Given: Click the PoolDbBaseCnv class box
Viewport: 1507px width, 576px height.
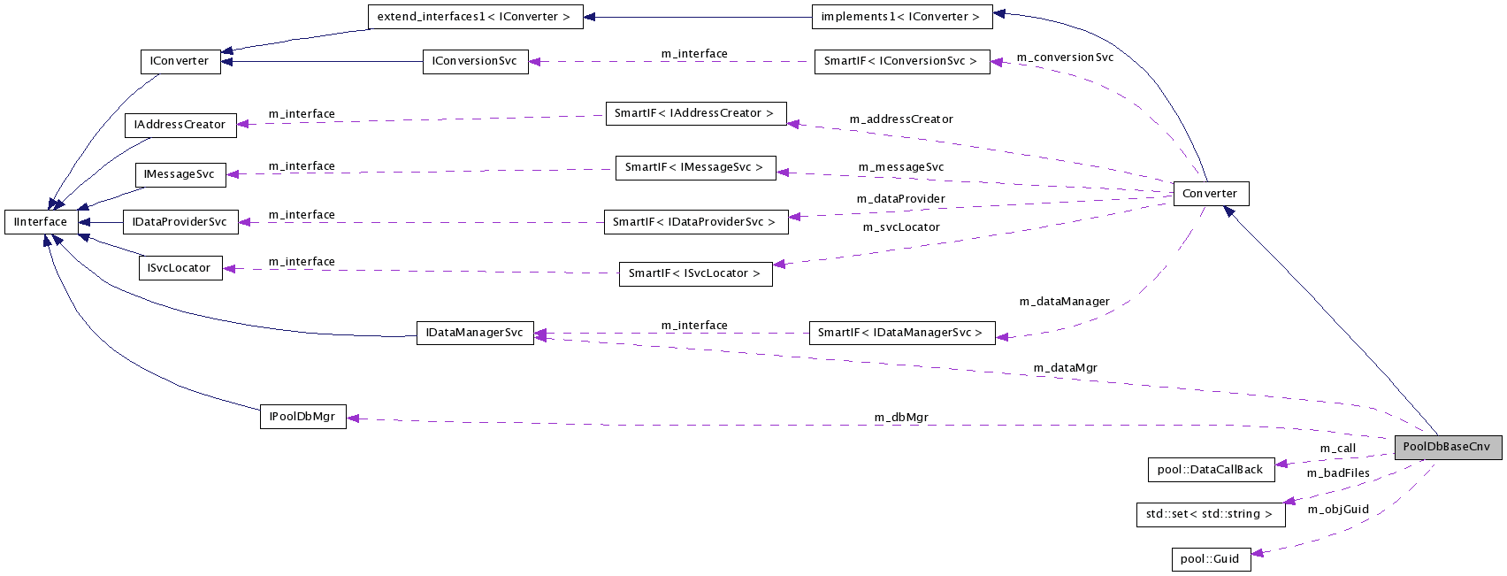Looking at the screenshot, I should pyautogui.click(x=1447, y=447).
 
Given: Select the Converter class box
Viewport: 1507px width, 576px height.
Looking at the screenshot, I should pyautogui.click(x=1210, y=194).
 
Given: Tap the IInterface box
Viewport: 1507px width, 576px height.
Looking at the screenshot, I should pyautogui.click(x=41, y=222).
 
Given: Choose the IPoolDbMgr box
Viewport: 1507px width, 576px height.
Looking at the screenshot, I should pyautogui.click(x=302, y=417).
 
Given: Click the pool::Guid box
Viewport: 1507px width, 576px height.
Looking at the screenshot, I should pyautogui.click(x=1211, y=559).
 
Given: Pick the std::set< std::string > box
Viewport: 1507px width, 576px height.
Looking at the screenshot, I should pyautogui.click(x=1209, y=514).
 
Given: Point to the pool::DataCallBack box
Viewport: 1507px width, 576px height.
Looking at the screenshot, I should pyautogui.click(x=1210, y=470).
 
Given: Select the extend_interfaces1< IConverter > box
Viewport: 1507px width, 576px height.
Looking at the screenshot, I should pyautogui.click(x=474, y=17).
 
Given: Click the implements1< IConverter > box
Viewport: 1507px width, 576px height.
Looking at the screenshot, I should pyautogui.click(x=901, y=17).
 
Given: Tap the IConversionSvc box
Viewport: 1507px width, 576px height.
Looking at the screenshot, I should pyautogui.click(x=475, y=61).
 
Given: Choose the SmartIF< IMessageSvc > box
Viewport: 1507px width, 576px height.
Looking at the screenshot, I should pyautogui.click(x=694, y=167).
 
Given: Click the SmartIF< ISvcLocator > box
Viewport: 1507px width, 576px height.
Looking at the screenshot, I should pyautogui.click(x=694, y=273).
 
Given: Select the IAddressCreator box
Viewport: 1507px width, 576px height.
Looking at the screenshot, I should pyautogui.click(x=180, y=125).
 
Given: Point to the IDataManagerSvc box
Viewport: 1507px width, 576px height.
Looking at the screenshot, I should pyautogui.click(x=475, y=333).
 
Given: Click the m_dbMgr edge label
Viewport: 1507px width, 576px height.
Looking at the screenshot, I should pyautogui.click(x=901, y=418).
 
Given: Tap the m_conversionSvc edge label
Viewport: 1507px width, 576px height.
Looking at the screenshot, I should pyautogui.click(x=1065, y=58).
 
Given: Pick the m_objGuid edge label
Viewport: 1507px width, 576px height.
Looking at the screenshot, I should pyautogui.click(x=1338, y=510).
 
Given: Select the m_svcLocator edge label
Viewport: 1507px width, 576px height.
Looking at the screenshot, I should pyautogui.click(x=901, y=227).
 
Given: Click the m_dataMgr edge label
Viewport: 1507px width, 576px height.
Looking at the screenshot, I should pyautogui.click(x=1065, y=368).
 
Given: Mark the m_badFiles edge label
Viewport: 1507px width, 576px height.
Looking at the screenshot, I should pyautogui.click(x=1338, y=473).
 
